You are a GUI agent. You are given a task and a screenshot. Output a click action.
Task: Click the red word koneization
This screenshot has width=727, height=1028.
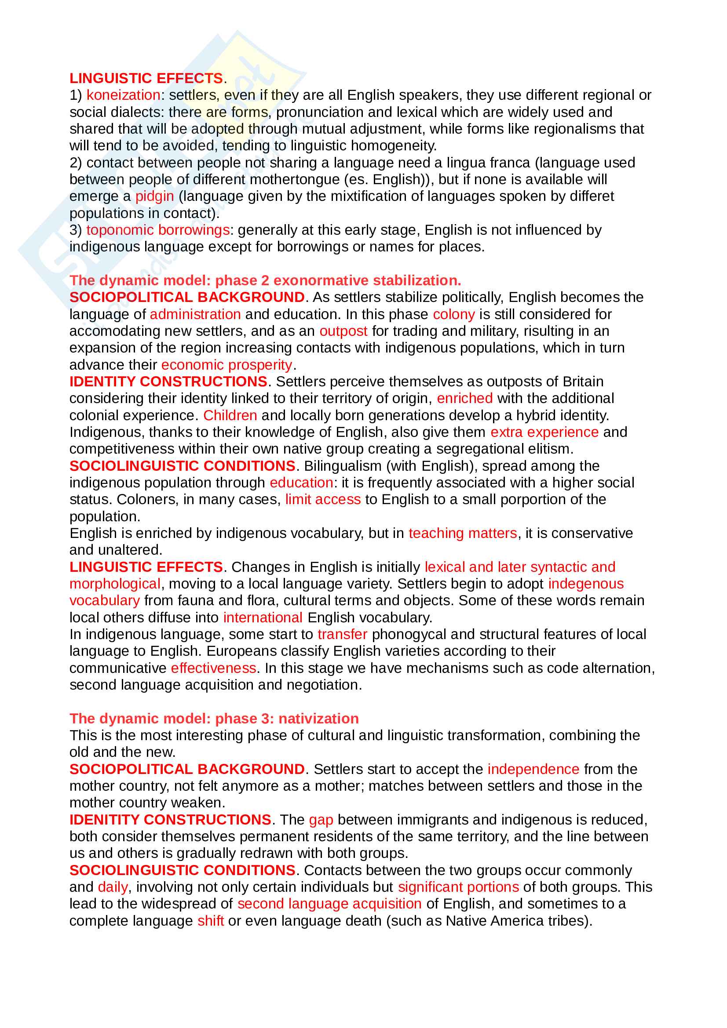click(x=123, y=95)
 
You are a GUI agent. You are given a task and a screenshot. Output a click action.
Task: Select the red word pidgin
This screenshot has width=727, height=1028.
click(x=154, y=196)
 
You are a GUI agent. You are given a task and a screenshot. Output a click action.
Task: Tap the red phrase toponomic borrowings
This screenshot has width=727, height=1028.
click(x=158, y=230)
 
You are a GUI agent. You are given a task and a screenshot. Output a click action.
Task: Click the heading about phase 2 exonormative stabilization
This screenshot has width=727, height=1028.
click(x=265, y=280)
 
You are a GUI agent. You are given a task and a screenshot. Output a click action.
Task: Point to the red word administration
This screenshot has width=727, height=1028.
click(x=195, y=314)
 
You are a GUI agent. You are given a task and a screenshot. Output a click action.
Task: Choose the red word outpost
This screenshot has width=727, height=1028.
click(x=343, y=331)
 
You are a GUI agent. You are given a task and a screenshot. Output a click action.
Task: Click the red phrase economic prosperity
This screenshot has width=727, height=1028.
click(x=227, y=365)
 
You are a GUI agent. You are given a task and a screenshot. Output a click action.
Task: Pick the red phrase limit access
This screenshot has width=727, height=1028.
click(x=323, y=499)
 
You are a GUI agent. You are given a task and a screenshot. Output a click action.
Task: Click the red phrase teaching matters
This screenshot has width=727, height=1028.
click(x=463, y=533)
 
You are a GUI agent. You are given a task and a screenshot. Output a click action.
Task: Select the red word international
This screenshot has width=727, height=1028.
click(x=263, y=618)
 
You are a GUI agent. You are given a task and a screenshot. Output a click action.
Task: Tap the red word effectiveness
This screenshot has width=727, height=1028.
click(x=214, y=668)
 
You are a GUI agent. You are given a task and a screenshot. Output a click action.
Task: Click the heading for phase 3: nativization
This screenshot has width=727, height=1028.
click(x=214, y=719)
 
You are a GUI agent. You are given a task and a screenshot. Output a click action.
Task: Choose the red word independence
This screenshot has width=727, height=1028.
click(x=533, y=769)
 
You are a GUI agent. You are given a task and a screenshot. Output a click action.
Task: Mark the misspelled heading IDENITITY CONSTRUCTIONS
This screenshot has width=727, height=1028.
click(x=170, y=820)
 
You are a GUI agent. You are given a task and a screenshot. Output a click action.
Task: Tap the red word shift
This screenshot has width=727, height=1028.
click(x=211, y=921)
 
